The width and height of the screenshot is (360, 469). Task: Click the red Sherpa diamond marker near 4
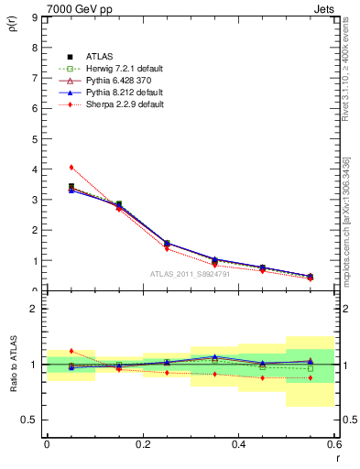(x=71, y=167)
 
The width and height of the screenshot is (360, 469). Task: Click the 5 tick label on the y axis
(x=34, y=139)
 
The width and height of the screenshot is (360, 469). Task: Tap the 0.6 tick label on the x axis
(x=334, y=443)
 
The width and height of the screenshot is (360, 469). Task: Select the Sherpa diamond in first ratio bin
(x=71, y=351)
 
